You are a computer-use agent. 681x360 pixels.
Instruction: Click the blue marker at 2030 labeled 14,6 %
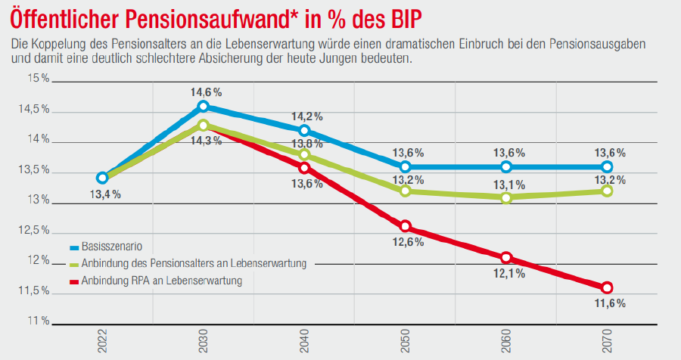pyautogui.click(x=203, y=107)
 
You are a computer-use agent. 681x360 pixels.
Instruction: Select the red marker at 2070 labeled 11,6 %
pyautogui.click(x=608, y=287)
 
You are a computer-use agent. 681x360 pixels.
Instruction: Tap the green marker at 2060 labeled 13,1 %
pyautogui.click(x=506, y=197)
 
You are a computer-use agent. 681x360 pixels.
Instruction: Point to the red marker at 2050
pyautogui.click(x=406, y=227)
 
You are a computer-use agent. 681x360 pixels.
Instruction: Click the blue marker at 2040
pyautogui.click(x=304, y=131)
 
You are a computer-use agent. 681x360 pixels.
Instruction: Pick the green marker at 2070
pyautogui.click(x=608, y=191)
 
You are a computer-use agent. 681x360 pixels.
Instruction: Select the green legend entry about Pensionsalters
pyautogui.click(x=192, y=264)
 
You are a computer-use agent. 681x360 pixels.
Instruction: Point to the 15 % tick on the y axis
pyautogui.click(x=35, y=79)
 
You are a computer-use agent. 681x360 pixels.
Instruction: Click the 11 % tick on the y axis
pyautogui.click(x=35, y=321)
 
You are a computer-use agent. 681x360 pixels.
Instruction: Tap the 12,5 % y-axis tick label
pyautogui.click(x=35, y=231)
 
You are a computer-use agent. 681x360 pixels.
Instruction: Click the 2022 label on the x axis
pyautogui.click(x=102, y=342)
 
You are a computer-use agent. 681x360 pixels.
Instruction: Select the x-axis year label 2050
pyautogui.click(x=406, y=342)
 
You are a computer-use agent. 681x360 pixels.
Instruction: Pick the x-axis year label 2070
pyautogui.click(x=608, y=342)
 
